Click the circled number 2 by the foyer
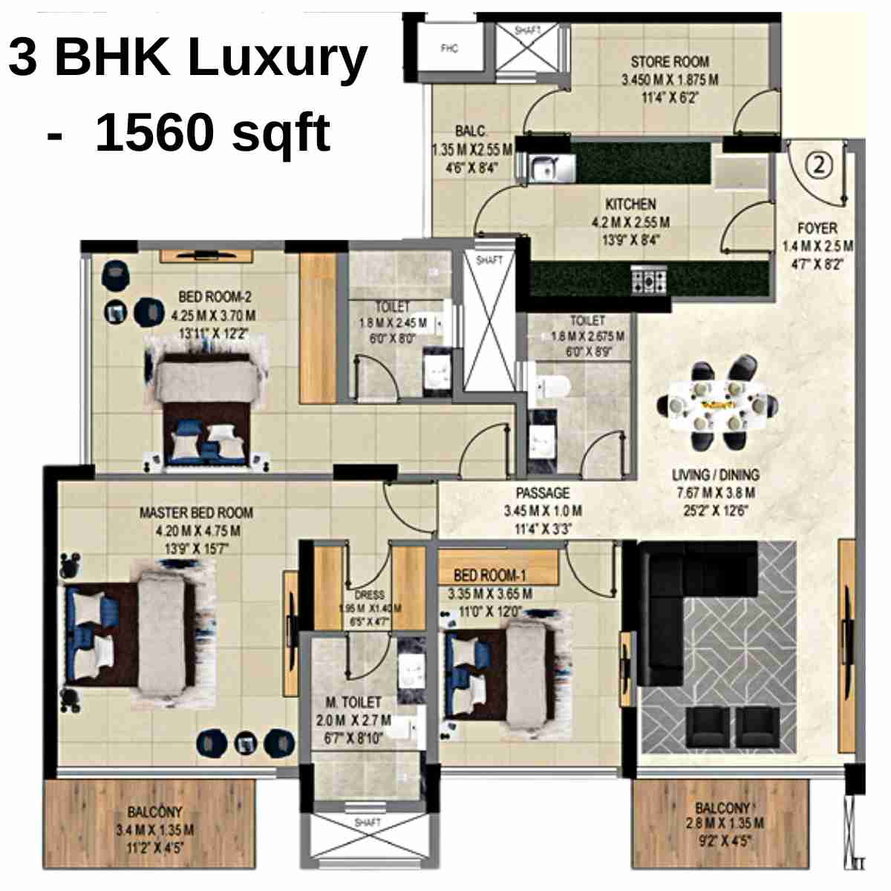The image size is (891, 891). pyautogui.click(x=819, y=164)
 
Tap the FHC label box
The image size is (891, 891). pyautogui.click(x=449, y=49)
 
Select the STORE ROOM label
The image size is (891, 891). pyautogui.click(x=670, y=62)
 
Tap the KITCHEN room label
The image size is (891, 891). pyautogui.click(x=630, y=204)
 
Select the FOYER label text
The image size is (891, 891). pyautogui.click(x=817, y=229)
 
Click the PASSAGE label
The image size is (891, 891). pyautogui.click(x=543, y=493)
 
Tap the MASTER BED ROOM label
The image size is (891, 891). pyautogui.click(x=196, y=512)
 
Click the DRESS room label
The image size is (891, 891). pyautogui.click(x=369, y=595)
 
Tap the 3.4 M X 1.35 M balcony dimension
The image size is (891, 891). pyautogui.click(x=154, y=830)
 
